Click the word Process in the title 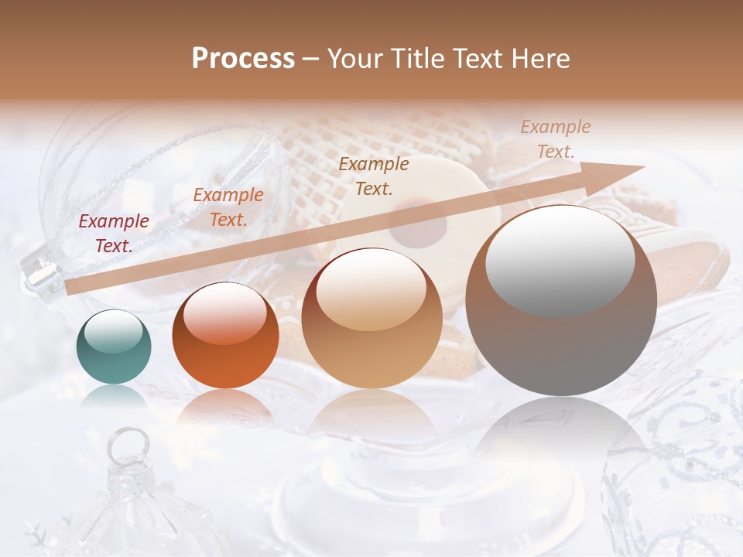point(243,59)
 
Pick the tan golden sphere point(371,318)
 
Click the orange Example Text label point(228,207)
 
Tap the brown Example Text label point(374,176)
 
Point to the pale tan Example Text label point(555,138)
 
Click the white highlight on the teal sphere point(114,331)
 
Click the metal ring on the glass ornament point(122,446)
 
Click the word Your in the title point(353,59)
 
